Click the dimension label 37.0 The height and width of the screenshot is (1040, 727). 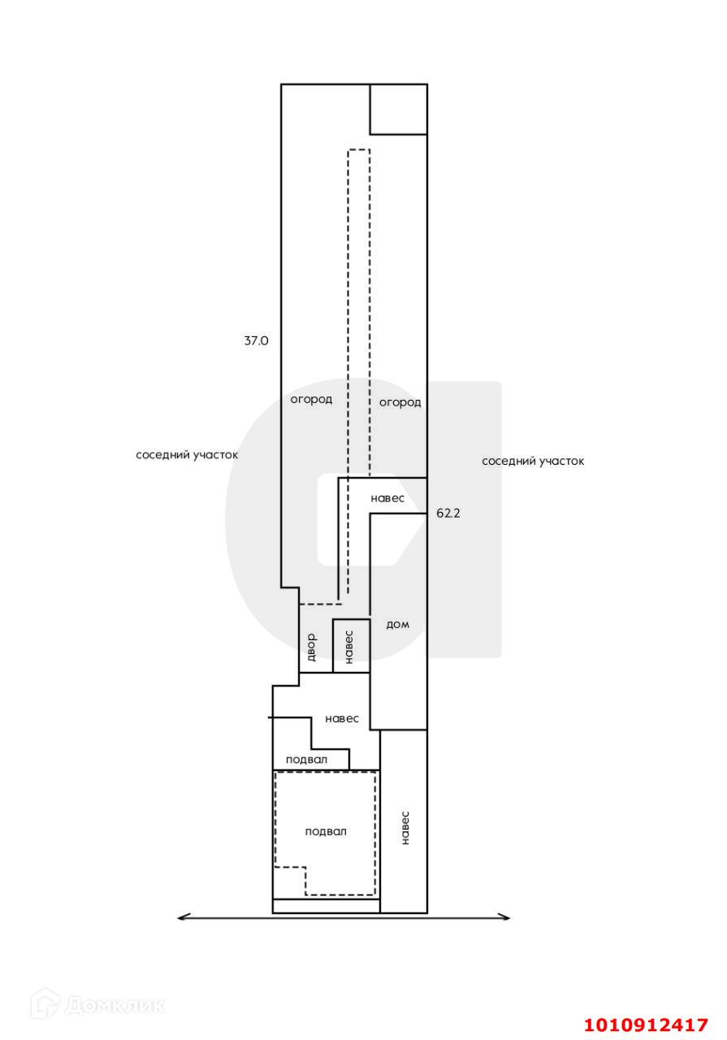[x=256, y=341]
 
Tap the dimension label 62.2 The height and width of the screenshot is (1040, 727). [x=448, y=513]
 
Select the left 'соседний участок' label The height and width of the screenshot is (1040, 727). [x=187, y=455]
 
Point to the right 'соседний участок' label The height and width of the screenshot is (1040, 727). [x=533, y=461]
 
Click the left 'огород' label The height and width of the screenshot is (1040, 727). [x=311, y=399]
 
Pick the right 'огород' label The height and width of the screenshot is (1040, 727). [x=400, y=402]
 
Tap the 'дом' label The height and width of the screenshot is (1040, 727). [x=397, y=624]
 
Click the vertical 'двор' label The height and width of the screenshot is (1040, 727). [x=310, y=647]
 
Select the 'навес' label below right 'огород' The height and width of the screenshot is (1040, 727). [x=387, y=498]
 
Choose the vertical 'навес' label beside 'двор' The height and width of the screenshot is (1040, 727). [x=348, y=647]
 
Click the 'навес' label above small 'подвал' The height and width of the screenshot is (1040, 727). [x=342, y=718]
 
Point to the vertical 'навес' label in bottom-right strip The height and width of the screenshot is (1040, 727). [x=405, y=828]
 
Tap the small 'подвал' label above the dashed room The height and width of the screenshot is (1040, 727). [x=307, y=760]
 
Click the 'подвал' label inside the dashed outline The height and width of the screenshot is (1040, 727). [x=326, y=831]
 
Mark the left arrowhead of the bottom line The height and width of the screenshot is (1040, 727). [x=181, y=917]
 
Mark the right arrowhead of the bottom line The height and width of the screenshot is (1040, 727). [x=506, y=917]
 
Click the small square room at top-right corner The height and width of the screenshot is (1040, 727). [x=398, y=109]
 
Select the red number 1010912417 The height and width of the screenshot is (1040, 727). [x=647, y=1025]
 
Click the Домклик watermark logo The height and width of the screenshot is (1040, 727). [x=97, y=1005]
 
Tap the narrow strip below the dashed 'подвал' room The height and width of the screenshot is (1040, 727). [x=326, y=906]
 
